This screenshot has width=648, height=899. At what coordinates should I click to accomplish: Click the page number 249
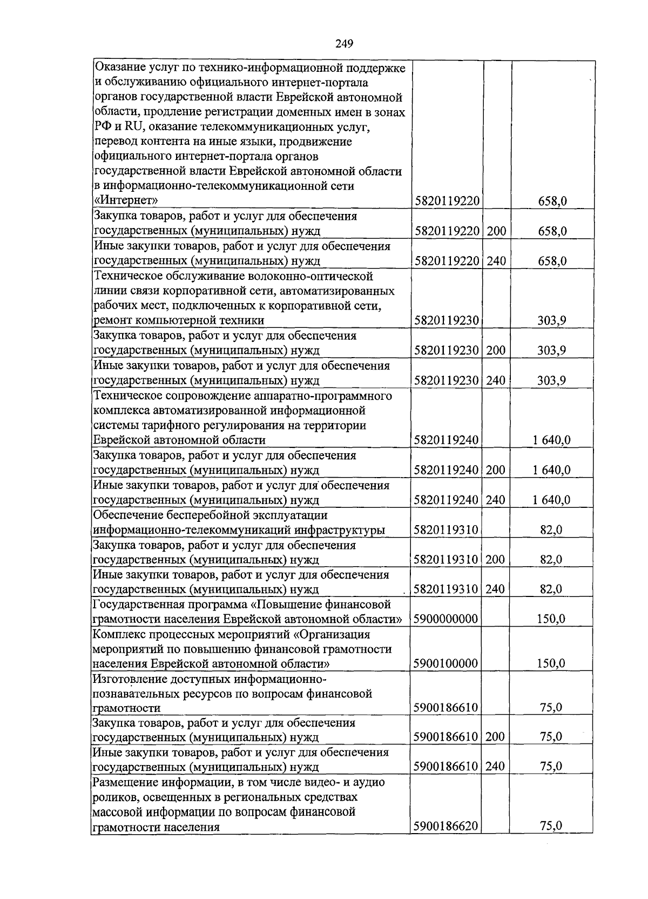(x=344, y=44)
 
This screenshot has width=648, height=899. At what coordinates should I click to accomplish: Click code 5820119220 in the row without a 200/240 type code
(x=447, y=202)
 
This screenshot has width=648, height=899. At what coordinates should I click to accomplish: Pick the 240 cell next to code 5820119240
(x=496, y=500)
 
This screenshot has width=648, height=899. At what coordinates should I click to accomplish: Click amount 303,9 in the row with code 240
(x=551, y=381)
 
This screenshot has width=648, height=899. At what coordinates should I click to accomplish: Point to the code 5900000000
(x=446, y=619)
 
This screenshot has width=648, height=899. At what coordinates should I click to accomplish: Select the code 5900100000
(x=446, y=663)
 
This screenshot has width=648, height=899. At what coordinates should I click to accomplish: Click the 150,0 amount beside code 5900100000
(x=551, y=663)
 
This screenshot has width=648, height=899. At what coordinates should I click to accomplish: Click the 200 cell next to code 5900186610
(x=495, y=737)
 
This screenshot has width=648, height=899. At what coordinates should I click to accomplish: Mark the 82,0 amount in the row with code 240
(x=551, y=589)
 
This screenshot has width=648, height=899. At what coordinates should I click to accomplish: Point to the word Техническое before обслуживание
(x=127, y=277)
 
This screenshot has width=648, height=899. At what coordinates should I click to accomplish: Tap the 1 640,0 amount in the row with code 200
(x=551, y=470)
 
